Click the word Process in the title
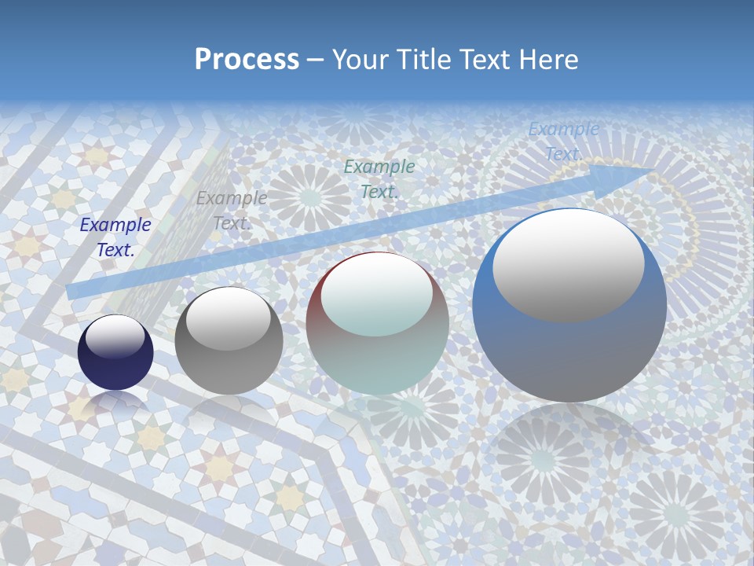(x=247, y=60)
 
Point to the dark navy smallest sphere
(x=115, y=352)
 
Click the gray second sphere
(x=229, y=341)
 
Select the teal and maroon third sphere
(x=378, y=323)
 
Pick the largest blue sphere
(x=569, y=306)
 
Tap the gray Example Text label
(x=231, y=211)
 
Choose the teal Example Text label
(x=379, y=178)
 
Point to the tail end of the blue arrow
(x=72, y=292)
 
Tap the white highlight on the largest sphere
(x=568, y=263)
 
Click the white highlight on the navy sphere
(x=115, y=337)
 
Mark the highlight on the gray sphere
(x=228, y=318)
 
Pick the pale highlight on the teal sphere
(x=376, y=294)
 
